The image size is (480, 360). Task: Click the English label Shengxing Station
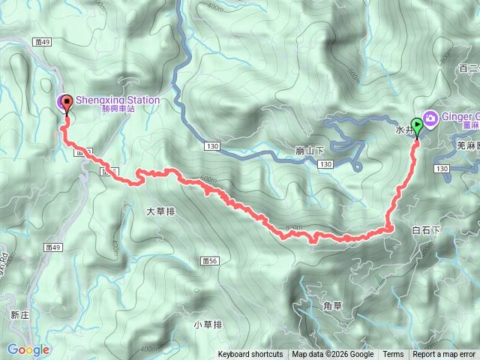(117, 100)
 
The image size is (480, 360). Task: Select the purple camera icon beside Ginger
(430, 118)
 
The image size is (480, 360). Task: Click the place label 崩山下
(310, 151)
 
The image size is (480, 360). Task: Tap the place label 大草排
(160, 212)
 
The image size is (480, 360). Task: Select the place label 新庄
(20, 316)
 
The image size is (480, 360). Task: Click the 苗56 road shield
(209, 260)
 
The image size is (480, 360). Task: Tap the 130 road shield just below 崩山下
(325, 163)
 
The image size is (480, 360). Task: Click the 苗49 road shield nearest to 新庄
(52, 246)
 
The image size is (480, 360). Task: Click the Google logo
(28, 349)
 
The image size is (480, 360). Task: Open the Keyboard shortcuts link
(250, 355)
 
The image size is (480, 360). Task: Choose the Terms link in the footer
(393, 355)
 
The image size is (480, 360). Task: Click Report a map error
(444, 355)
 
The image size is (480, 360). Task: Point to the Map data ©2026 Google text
(333, 355)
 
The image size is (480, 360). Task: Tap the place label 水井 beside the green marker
(403, 129)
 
